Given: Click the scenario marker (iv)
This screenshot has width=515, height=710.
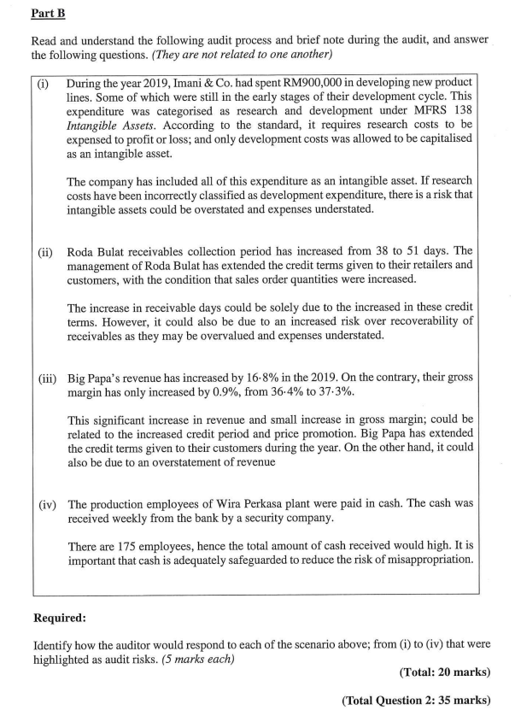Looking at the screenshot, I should coord(46,504).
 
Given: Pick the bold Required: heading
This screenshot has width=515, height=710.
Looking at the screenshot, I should coord(61,616).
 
